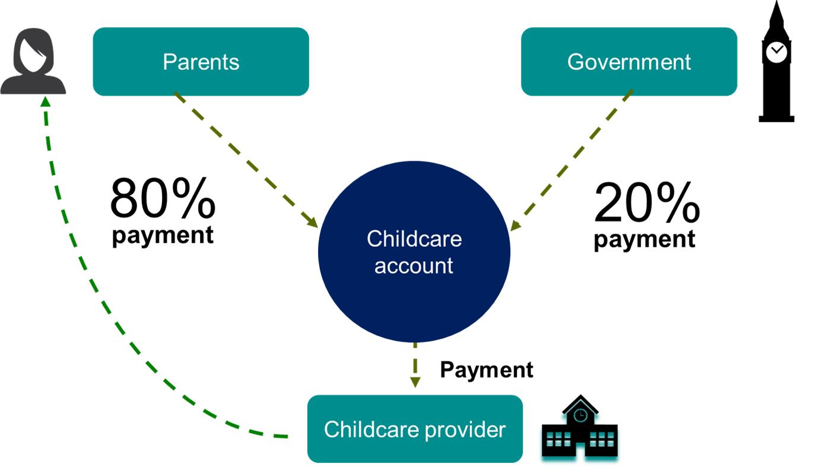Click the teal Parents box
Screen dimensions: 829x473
click(201, 62)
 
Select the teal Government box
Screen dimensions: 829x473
click(629, 62)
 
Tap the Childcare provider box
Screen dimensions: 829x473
click(415, 428)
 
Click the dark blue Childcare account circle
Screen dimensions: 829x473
click(414, 252)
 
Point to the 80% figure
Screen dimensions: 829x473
click(163, 198)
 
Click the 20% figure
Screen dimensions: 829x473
click(647, 202)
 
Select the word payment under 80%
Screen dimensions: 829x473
click(163, 236)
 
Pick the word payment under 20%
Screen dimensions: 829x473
click(644, 240)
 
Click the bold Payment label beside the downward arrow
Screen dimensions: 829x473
click(487, 370)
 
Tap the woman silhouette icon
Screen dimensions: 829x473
click(33, 61)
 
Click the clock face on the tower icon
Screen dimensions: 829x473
click(776, 52)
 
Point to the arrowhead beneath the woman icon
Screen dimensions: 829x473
click(46, 101)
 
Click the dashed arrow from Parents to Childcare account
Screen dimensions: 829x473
click(246, 160)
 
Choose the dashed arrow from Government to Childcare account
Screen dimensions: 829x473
click(571, 160)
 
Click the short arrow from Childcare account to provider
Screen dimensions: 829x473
click(415, 365)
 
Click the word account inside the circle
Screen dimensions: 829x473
click(414, 266)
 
